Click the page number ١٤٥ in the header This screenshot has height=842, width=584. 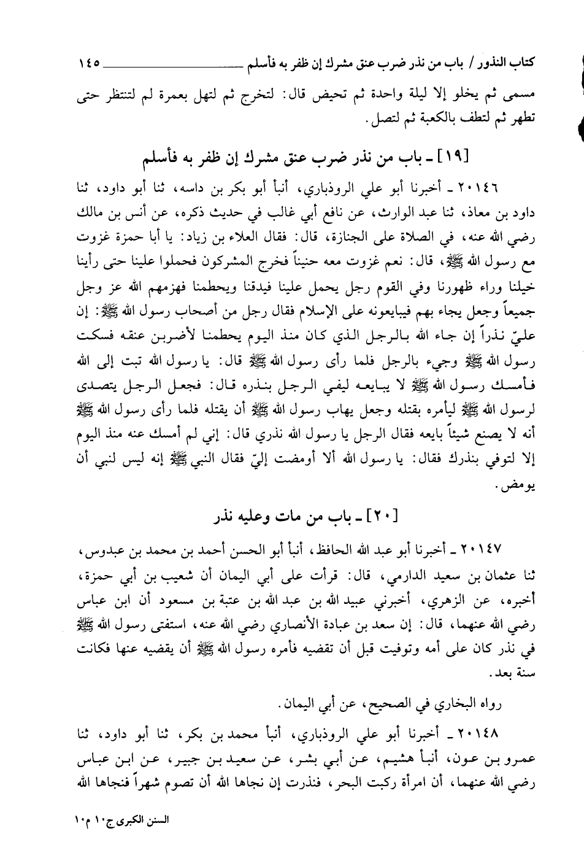coord(92,63)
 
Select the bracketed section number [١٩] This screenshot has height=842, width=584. coord(455,158)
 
